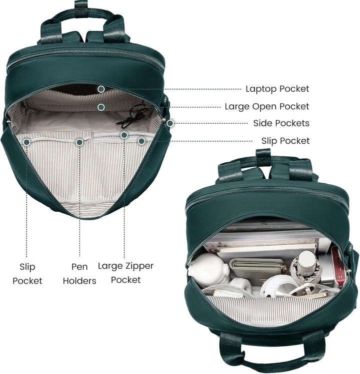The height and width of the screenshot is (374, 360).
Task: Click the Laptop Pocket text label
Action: tap(277, 89)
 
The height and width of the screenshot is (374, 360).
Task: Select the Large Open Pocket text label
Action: tap(267, 106)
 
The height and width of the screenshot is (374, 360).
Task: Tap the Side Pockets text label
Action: tap(281, 123)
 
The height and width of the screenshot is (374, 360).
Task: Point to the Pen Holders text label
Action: tap(79, 274)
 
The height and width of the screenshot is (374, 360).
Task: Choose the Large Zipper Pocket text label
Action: tap(125, 273)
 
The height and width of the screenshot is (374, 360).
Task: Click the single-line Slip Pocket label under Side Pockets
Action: tap(285, 141)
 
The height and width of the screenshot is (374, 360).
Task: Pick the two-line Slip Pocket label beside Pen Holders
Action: tap(27, 274)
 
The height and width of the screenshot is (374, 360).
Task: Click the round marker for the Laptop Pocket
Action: tap(101, 89)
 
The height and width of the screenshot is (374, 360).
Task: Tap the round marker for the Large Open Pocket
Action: tap(101, 107)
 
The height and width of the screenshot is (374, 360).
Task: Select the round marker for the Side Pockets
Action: tap(170, 123)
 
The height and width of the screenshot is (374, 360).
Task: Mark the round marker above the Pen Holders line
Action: tap(79, 142)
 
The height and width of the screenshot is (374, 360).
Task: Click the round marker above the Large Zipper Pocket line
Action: tap(124, 135)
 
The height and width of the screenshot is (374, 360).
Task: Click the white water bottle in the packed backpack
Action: tap(208, 269)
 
